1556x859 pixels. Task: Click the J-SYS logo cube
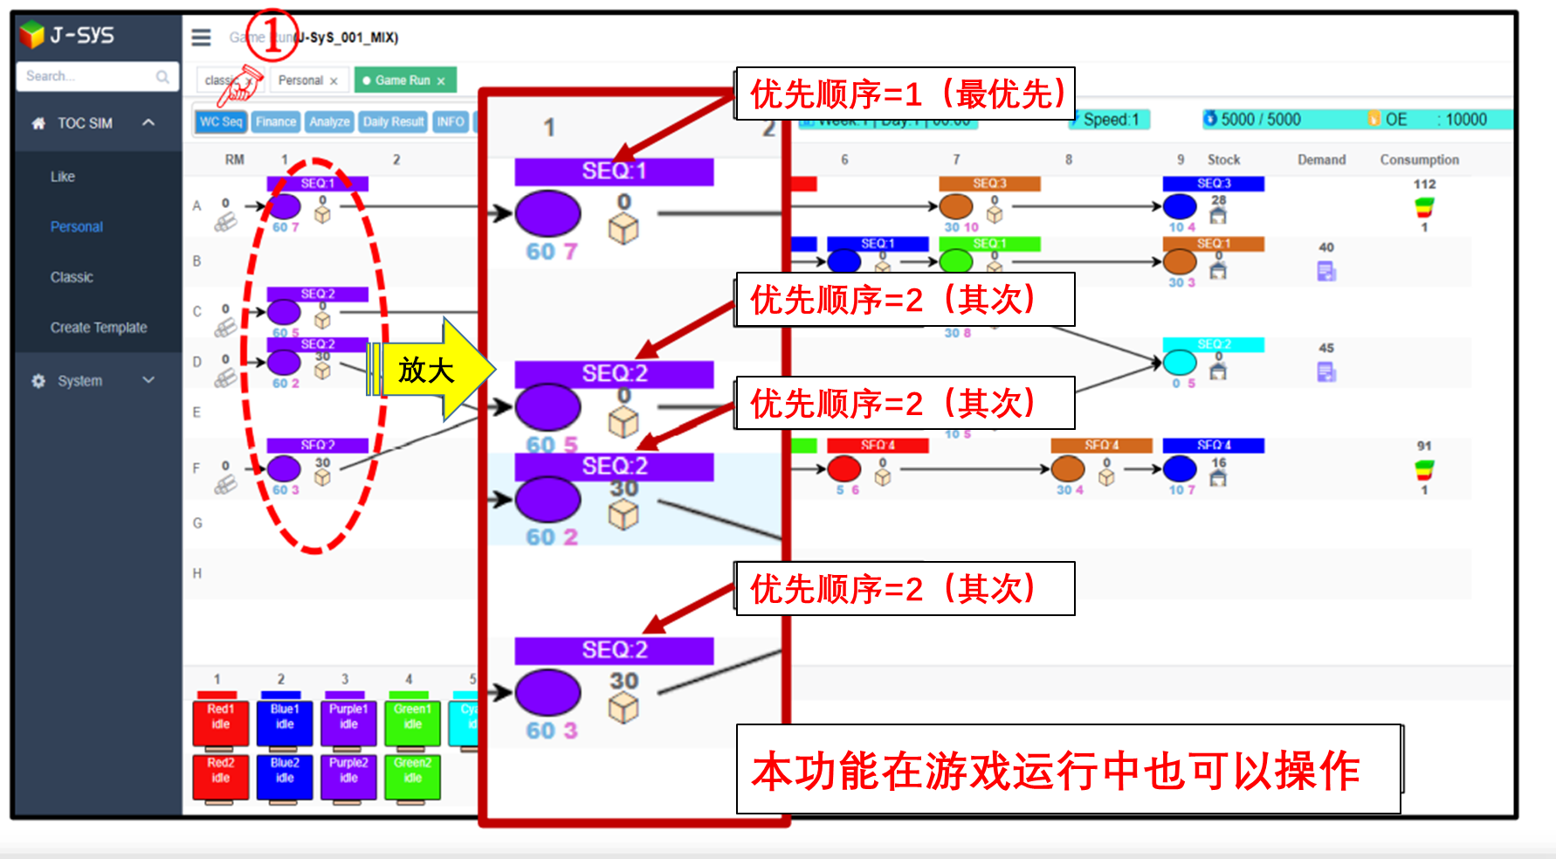tap(32, 35)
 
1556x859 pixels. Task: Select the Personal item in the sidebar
tap(77, 227)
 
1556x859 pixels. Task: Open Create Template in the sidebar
tap(99, 328)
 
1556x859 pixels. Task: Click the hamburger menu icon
tap(202, 38)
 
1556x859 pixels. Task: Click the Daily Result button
tap(393, 122)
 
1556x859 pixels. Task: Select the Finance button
tap(276, 122)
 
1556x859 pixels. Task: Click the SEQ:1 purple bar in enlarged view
tap(614, 171)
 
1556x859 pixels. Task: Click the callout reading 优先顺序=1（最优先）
tap(905, 94)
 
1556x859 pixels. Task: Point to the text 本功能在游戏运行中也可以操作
tap(1057, 771)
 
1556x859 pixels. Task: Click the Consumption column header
tap(1419, 160)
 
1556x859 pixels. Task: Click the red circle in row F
tap(843, 469)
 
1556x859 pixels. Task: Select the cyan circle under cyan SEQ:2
tap(1180, 363)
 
